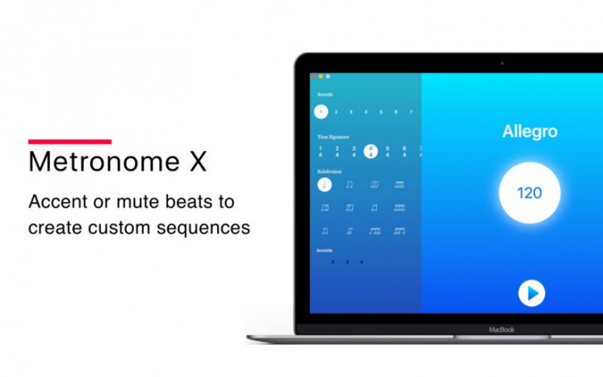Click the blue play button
[x=531, y=292]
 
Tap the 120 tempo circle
[x=529, y=193]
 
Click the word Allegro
[x=529, y=132]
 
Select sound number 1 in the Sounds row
[x=321, y=112]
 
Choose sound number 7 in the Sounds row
[x=411, y=112]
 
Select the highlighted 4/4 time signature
[x=370, y=151]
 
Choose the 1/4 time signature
[x=321, y=151]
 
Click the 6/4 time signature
[x=404, y=151]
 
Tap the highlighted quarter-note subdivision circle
[x=324, y=184]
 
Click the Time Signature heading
[x=333, y=136]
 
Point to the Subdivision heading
[x=329, y=172]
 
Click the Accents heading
[x=325, y=249]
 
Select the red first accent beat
[x=320, y=262]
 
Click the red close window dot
[x=313, y=76]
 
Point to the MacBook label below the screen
[x=501, y=329]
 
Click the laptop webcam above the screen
[x=502, y=63]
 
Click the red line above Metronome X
[x=70, y=142]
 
